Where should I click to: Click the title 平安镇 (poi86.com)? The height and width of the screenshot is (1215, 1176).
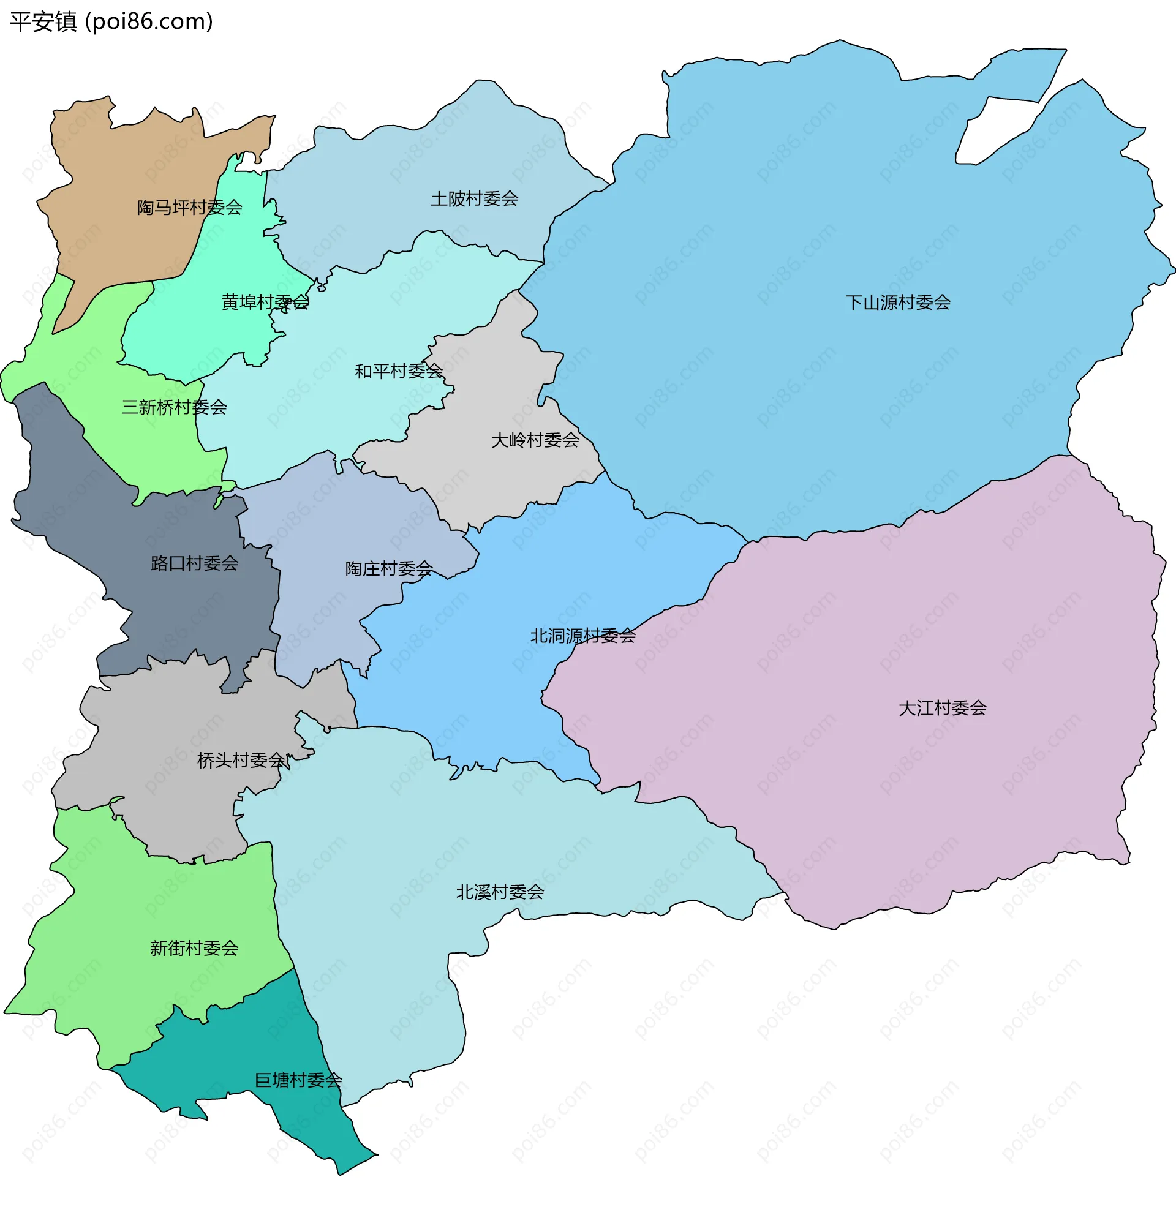[111, 21]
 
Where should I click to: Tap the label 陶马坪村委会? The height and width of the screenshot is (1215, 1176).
[189, 207]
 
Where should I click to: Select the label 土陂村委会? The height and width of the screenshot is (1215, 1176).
[474, 198]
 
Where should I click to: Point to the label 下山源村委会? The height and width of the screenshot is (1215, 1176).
[898, 303]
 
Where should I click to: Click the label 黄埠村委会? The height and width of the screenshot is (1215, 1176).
[265, 302]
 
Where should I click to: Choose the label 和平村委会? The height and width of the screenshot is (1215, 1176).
[399, 371]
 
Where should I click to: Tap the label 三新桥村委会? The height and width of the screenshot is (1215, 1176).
[174, 407]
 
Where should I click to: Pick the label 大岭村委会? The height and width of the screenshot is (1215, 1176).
[535, 440]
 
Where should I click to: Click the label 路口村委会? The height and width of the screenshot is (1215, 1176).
[195, 563]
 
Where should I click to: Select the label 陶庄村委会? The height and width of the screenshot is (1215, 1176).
[389, 568]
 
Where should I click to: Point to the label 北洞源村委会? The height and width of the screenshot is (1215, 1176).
[582, 636]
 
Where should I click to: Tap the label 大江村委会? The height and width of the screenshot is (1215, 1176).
[942, 708]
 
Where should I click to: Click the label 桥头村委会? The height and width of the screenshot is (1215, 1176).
[241, 760]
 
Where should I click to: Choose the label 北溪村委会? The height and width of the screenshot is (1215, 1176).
[500, 892]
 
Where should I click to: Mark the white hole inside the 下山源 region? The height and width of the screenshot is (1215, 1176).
[992, 130]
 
